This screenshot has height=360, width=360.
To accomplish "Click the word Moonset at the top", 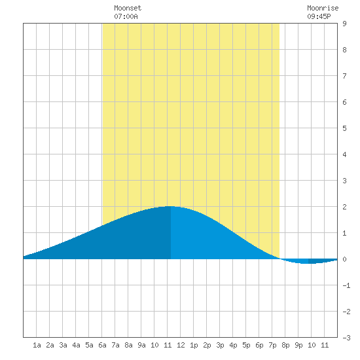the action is pyautogui.click(x=128, y=8).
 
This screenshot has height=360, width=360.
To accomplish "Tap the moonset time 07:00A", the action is pyautogui.click(x=126, y=16).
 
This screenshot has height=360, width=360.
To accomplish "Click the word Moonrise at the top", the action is pyautogui.click(x=323, y=8).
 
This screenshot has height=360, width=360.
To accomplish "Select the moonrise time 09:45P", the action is pyautogui.click(x=319, y=16).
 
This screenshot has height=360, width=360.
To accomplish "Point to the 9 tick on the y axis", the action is pyautogui.click(x=344, y=24).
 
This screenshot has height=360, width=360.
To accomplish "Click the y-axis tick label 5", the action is pyautogui.click(x=344, y=128).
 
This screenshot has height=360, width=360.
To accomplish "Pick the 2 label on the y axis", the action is pyautogui.click(x=344, y=207).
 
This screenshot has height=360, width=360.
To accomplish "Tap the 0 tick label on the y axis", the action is pyautogui.click(x=344, y=259).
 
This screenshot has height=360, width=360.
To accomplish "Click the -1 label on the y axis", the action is pyautogui.click(x=346, y=285).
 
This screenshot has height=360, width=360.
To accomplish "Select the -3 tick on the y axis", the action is pyautogui.click(x=346, y=338).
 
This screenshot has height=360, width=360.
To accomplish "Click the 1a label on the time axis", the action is pyautogui.click(x=37, y=345).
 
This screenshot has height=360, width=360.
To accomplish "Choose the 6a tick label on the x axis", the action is pyautogui.click(x=102, y=345).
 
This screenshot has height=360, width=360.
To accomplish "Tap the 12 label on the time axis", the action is pyautogui.click(x=181, y=345).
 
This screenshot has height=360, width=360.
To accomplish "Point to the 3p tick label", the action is pyautogui.click(x=220, y=345).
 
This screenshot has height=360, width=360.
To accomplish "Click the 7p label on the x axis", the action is pyautogui.click(x=272, y=345).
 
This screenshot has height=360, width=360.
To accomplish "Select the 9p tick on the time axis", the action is pyautogui.click(x=298, y=345).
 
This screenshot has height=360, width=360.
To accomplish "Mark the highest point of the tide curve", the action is pyautogui.click(x=170, y=206).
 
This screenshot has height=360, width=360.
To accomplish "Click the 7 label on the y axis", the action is pyautogui.click(x=344, y=76).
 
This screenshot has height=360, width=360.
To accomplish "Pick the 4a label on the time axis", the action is pyautogui.click(x=76, y=345).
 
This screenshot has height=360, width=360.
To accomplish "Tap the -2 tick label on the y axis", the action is pyautogui.click(x=346, y=312).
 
